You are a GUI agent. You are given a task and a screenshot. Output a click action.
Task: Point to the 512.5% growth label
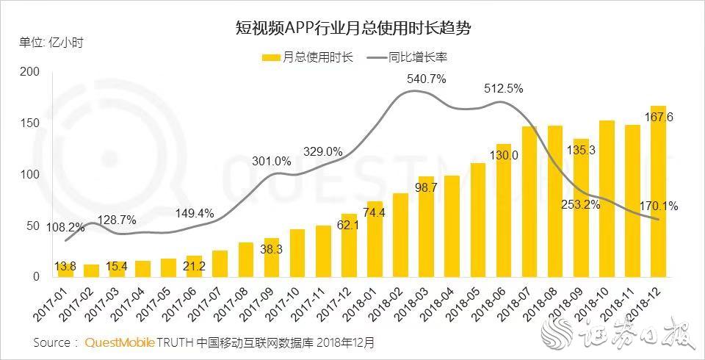click(x=503, y=89)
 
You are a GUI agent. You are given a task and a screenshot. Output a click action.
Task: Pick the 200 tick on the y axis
click(x=29, y=72)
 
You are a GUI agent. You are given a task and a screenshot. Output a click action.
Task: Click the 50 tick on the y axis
click(x=33, y=226)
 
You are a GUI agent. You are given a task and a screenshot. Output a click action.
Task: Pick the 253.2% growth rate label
click(x=580, y=205)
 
